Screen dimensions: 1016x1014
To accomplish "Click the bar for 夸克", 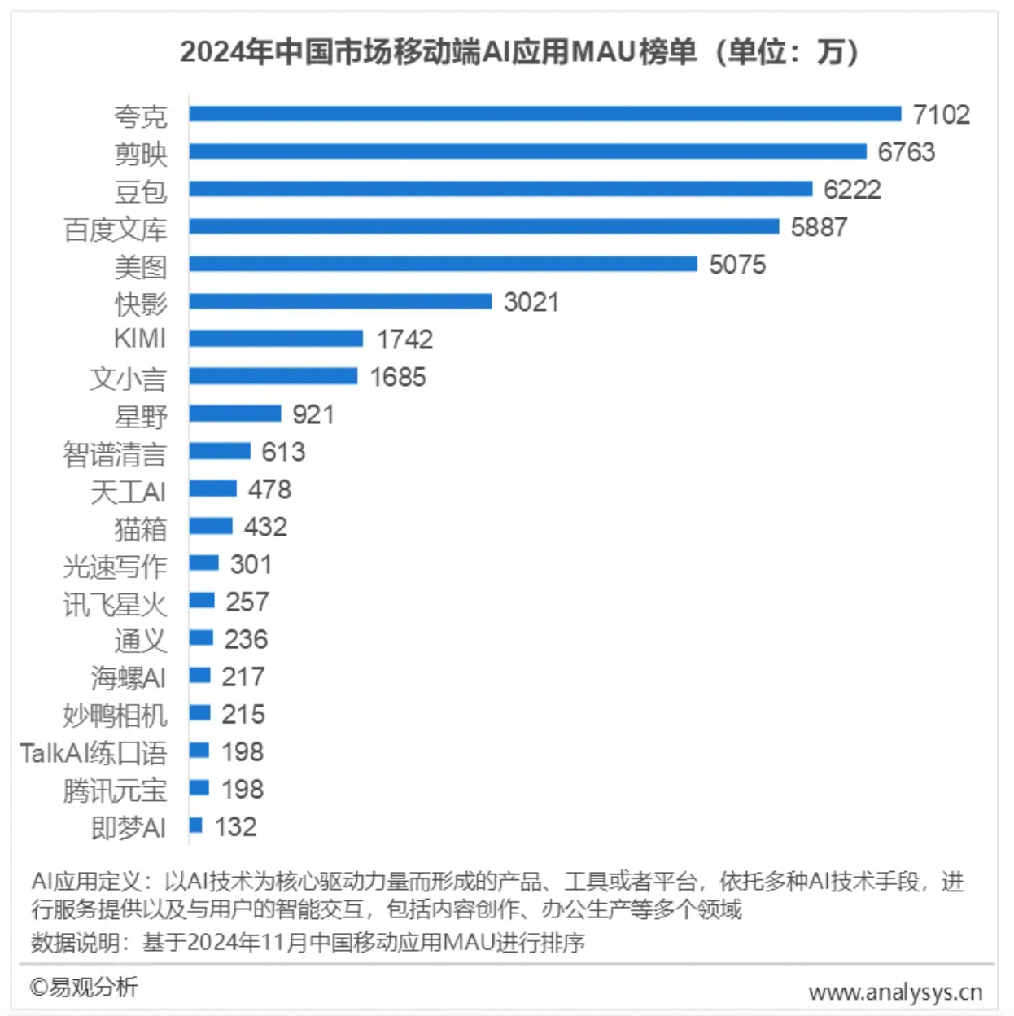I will tap(545, 114).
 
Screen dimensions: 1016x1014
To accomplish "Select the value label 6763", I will tap(906, 152).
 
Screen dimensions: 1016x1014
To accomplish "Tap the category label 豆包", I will tap(141, 191).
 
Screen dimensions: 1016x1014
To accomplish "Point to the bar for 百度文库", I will tap(484, 226).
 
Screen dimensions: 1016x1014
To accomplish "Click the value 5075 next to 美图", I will tap(737, 265).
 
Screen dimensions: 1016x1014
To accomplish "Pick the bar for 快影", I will tap(340, 301).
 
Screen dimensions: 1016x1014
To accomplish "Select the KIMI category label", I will tap(140, 338).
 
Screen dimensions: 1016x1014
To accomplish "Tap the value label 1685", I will tap(398, 377).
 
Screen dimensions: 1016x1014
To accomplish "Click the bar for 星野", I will tap(235, 414).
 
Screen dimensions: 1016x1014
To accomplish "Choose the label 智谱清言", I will tap(115, 453).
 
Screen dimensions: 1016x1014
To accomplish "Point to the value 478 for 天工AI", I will tap(269, 489).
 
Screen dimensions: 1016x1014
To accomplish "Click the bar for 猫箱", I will tap(211, 526).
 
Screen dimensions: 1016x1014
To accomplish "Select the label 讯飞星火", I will tap(115, 604).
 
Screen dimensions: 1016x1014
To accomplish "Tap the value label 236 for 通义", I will tap(246, 639).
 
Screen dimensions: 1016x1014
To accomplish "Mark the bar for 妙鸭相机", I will tap(200, 713).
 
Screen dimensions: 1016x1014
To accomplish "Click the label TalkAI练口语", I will tap(94, 753).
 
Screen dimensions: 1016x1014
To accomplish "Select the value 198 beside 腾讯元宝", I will tap(243, 789).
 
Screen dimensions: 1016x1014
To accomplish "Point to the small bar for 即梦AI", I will tap(195, 825).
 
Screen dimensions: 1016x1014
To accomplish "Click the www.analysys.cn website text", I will tap(895, 992).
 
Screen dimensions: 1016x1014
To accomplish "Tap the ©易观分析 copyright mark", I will tap(84, 987).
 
